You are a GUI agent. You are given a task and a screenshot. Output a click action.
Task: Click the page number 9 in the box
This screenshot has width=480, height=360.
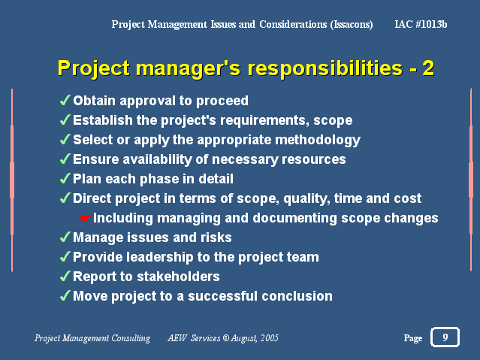(x=445, y=337)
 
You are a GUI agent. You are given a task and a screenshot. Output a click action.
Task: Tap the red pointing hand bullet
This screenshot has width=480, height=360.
(x=86, y=218)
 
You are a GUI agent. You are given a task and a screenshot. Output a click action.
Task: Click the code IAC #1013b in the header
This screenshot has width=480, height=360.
(x=421, y=24)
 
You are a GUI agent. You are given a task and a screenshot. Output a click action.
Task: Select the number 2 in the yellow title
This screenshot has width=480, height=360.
(x=428, y=68)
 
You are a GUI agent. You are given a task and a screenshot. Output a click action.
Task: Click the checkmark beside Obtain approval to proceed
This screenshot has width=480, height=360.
(x=65, y=100)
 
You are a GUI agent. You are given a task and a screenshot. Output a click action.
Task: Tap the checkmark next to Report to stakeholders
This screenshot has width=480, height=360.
(x=65, y=276)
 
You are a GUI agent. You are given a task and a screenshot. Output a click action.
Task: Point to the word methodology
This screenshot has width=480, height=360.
(x=318, y=141)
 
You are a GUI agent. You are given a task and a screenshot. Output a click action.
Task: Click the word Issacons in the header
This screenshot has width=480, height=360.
(x=352, y=24)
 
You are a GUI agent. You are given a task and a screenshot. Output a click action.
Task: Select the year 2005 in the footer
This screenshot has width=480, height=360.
(x=270, y=338)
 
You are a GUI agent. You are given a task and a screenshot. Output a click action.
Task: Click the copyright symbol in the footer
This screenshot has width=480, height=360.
(x=226, y=338)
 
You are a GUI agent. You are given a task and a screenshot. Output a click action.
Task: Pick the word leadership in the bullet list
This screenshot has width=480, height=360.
(x=159, y=257)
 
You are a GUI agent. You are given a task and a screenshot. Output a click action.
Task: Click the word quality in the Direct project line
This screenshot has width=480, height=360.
(x=306, y=199)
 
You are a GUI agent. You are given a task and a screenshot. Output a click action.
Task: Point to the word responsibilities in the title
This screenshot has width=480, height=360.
(x=325, y=68)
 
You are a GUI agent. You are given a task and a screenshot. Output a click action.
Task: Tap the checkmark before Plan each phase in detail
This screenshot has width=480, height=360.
(x=65, y=178)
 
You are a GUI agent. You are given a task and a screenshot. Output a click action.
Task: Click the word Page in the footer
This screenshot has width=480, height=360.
(x=413, y=338)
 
